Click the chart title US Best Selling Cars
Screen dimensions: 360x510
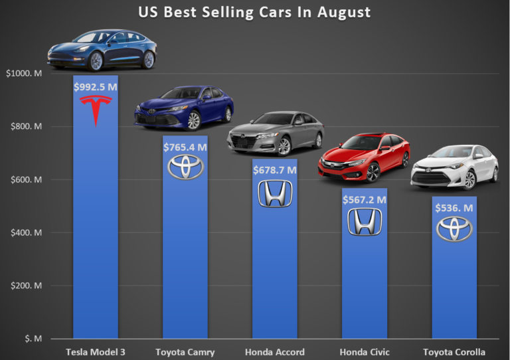(254, 12)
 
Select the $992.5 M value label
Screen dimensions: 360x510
(96, 85)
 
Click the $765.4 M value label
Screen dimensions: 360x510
(185, 145)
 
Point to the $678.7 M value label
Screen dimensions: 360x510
(275, 169)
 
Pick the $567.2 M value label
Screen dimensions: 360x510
(365, 199)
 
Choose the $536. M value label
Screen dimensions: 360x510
(454, 208)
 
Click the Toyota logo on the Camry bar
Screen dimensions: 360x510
(185, 167)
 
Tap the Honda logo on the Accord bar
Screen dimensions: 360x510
(275, 193)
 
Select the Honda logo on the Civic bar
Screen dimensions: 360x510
(365, 221)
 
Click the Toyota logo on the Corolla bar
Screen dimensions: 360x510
(454, 229)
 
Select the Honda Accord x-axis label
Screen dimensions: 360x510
(275, 351)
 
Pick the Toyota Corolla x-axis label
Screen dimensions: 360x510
(454, 351)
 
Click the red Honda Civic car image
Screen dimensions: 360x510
(364, 157)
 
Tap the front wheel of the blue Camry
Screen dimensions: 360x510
(193, 121)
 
